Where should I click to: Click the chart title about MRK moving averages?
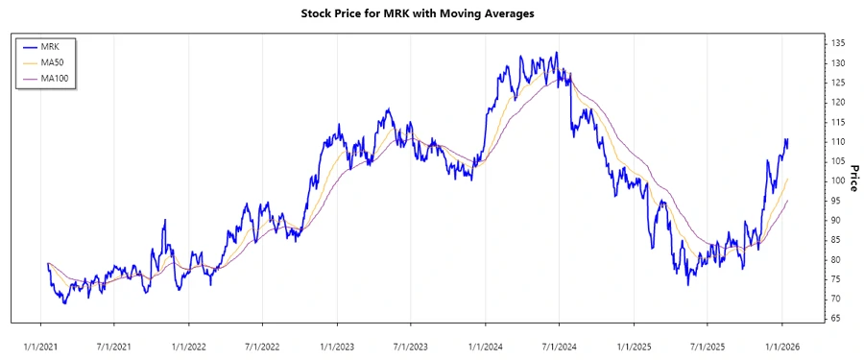pyautogui.click(x=432, y=13)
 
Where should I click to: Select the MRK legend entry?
pyautogui.click(x=50, y=45)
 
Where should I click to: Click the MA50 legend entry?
pyautogui.click(x=53, y=61)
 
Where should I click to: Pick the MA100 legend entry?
pyautogui.click(x=55, y=78)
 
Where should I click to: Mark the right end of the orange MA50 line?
pyautogui.click(x=787, y=180)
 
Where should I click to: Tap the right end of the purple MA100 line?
pyautogui.click(x=787, y=202)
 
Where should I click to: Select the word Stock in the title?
pyautogui.click(x=318, y=13)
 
